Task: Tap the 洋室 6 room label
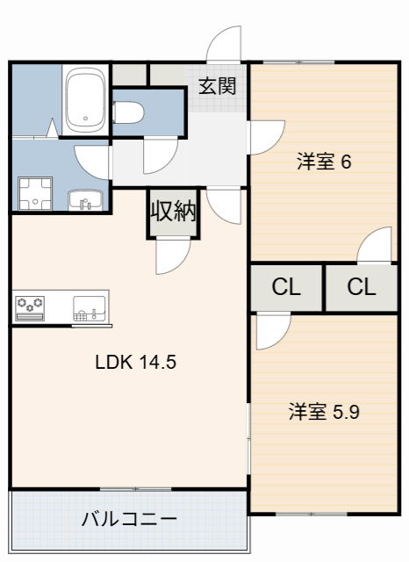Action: [324, 162]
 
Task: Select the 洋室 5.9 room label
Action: [325, 411]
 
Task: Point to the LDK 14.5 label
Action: [136, 362]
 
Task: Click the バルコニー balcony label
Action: [129, 518]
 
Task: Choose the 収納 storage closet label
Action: [173, 213]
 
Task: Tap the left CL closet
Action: [286, 287]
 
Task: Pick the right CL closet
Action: [361, 287]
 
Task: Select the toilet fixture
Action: [133, 112]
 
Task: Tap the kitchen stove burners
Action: [32, 307]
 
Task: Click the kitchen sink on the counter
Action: [89, 309]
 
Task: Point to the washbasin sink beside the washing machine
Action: [86, 199]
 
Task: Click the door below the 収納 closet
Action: [172, 257]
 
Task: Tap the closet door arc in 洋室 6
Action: [376, 246]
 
